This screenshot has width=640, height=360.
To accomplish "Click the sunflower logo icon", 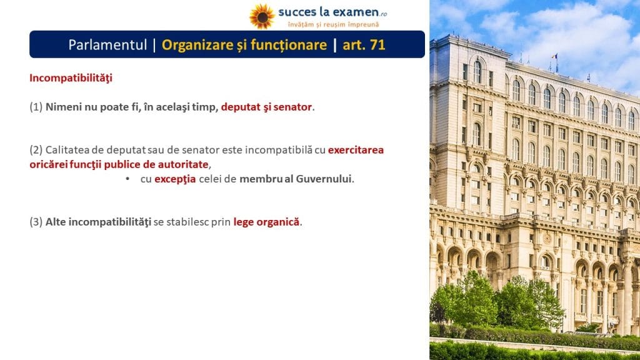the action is (x=262, y=17).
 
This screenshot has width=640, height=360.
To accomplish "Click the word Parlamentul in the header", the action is (x=107, y=44).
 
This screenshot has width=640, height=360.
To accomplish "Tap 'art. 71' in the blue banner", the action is (x=364, y=44).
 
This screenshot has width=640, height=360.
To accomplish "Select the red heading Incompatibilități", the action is (x=71, y=78).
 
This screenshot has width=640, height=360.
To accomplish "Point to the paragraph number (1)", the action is (x=36, y=107).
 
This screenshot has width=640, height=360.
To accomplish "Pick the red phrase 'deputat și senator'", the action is (x=266, y=107).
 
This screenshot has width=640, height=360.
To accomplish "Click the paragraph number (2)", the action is (x=36, y=150).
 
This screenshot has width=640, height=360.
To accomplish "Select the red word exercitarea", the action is (x=356, y=150).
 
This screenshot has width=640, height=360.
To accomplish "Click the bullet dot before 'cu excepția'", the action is (x=127, y=179).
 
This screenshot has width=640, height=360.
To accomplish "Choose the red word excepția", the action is (x=175, y=179).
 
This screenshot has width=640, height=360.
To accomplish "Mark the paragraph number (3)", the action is (x=36, y=222).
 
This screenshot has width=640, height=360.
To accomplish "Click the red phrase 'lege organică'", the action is (x=266, y=222).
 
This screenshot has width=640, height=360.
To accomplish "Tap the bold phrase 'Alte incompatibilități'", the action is (x=98, y=222).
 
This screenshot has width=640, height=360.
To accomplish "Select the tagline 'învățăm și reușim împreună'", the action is (x=333, y=24).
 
